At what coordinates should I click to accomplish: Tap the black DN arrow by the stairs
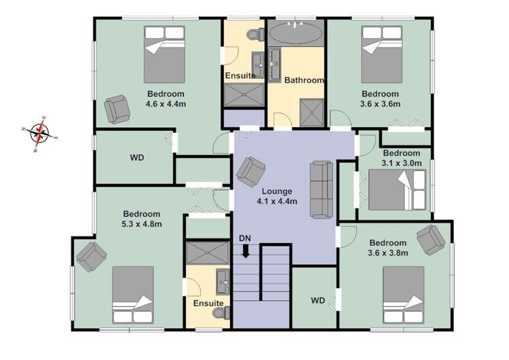coord(245,250)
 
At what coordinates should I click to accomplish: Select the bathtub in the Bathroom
coord(296,33)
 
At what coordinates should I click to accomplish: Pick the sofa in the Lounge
coord(320,189)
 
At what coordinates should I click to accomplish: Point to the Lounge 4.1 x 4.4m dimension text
coord(278,201)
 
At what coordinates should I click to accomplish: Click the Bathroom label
coord(303,80)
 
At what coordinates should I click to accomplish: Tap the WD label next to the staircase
coord(318,300)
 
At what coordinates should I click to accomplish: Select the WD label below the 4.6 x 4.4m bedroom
coord(137,158)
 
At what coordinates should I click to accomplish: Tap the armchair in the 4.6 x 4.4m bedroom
coord(117,109)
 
